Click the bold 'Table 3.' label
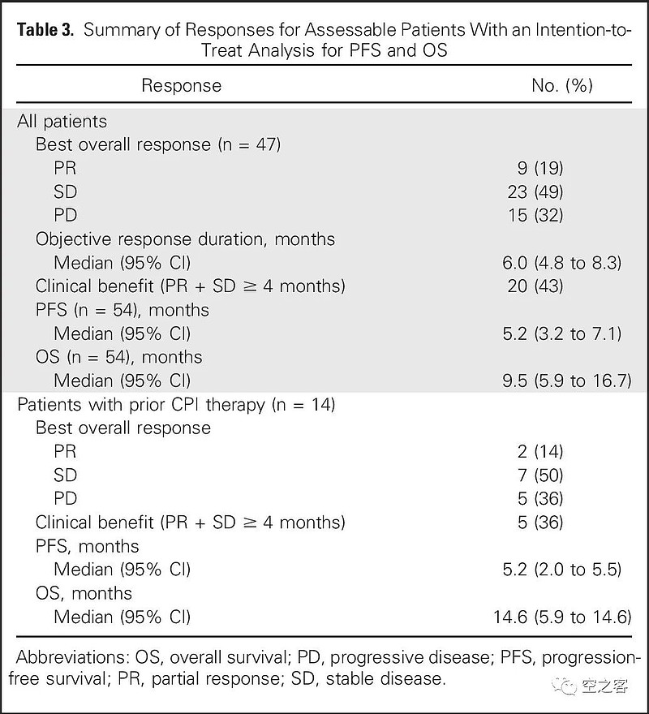[x=45, y=30]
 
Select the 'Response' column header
[x=181, y=86]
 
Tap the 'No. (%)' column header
[x=562, y=86]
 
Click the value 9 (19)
[x=540, y=169]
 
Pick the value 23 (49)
[x=535, y=192]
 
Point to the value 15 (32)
[x=535, y=215]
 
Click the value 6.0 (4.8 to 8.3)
[x=562, y=263]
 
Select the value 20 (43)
[x=535, y=286]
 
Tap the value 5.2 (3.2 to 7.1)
[x=562, y=333]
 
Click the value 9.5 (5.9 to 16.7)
[x=567, y=381]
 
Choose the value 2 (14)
[x=540, y=452]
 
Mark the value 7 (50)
[x=540, y=475]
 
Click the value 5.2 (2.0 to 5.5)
[x=562, y=570]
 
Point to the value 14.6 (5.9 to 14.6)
[x=562, y=617]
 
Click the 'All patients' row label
[x=62, y=122]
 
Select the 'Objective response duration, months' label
[x=185, y=239]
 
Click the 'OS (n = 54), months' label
[x=119, y=357]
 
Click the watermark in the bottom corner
[x=590, y=685]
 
